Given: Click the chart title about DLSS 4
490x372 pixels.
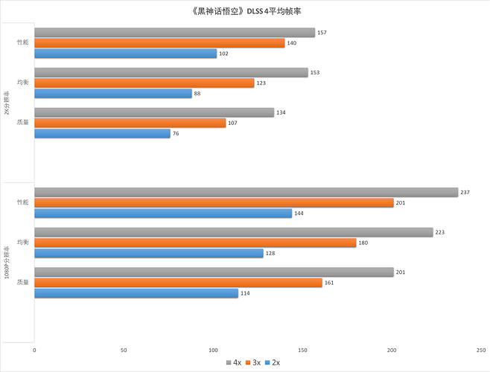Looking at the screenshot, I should coord(245,12).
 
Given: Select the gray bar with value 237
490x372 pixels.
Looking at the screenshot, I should coord(246,192).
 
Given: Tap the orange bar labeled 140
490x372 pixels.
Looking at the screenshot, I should coord(159,43).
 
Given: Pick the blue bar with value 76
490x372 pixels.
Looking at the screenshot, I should coord(102,133).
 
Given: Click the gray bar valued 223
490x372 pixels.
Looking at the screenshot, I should coord(233,232).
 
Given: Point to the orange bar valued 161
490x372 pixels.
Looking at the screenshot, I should coord(178,283).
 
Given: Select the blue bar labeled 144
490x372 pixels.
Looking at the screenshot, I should coord(163,213).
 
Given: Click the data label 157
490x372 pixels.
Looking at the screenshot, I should coord(322,33).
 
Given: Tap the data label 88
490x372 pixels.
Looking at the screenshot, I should coord(197,94).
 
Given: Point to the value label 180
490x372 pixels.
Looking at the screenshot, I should coord(363,243).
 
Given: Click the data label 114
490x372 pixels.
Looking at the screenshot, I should coord(245,293).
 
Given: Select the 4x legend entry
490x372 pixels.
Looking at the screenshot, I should coord(232,362).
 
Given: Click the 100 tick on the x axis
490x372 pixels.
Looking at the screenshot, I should coord(213,349).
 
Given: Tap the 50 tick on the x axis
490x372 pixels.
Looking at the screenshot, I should coord(124,349).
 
